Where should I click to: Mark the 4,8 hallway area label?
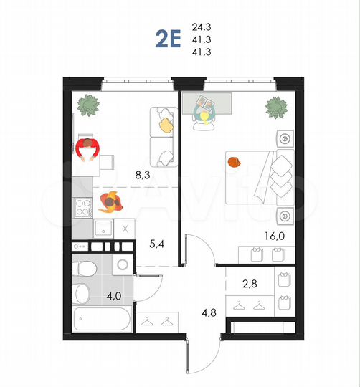pyautogui.click(x=207, y=312)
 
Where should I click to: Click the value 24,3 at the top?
pyautogui.click(x=202, y=28)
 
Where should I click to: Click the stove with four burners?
pyautogui.click(x=83, y=208)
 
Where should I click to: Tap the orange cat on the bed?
pyautogui.click(x=235, y=161)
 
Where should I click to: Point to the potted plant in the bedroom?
pyautogui.click(x=277, y=107)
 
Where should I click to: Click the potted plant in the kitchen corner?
pyautogui.click(x=89, y=105)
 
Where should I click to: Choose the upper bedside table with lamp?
pyautogui.click(x=284, y=138)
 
